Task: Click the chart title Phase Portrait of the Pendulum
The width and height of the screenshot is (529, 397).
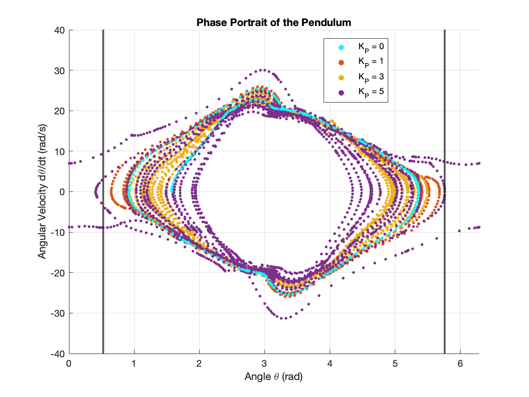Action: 274,22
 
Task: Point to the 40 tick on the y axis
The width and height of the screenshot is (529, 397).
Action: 60,30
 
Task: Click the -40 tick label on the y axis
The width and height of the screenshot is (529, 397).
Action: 58,354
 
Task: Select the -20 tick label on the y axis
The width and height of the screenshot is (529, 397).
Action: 58,273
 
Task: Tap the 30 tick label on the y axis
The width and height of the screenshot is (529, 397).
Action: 60,70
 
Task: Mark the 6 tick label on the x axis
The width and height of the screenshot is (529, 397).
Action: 460,364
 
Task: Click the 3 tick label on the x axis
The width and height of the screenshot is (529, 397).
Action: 264,364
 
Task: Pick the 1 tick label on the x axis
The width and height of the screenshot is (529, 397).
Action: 134,364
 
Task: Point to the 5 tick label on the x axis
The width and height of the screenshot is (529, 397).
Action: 395,364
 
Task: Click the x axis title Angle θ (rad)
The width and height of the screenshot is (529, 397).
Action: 273,377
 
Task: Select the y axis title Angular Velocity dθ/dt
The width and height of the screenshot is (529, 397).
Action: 42,191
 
